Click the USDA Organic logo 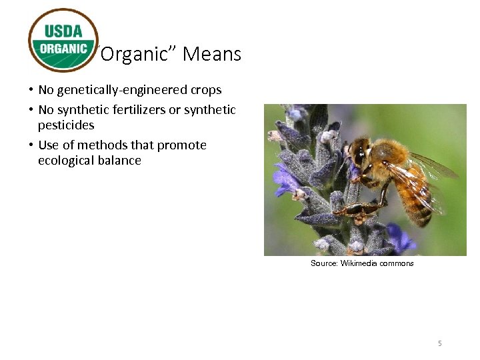pyautogui.click(x=63, y=40)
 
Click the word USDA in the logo pyautogui.click(x=63, y=30)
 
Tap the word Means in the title pyautogui.click(x=211, y=54)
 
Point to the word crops pyautogui.click(x=203, y=90)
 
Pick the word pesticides pyautogui.click(x=66, y=125)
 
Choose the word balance pyautogui.click(x=119, y=161)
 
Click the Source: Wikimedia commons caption pyautogui.click(x=362, y=263)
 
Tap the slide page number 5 pyautogui.click(x=440, y=343)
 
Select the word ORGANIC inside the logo pyautogui.click(x=63, y=49)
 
